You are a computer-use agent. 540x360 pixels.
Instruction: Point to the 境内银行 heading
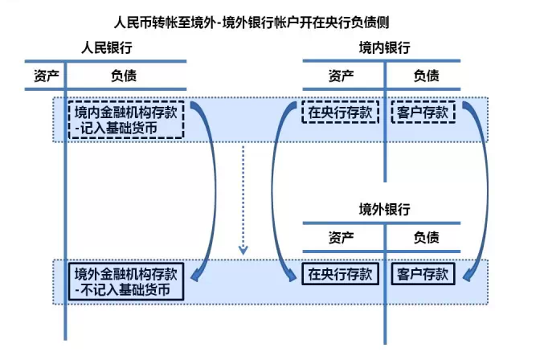click(x=384, y=49)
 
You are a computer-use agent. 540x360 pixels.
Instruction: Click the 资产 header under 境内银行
click(x=341, y=76)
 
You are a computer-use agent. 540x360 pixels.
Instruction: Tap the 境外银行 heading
click(x=384, y=210)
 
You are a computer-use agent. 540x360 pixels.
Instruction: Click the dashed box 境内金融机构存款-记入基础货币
click(x=127, y=119)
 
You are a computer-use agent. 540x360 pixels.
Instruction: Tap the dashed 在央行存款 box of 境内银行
click(x=341, y=112)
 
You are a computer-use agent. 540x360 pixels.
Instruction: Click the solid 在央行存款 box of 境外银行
click(x=341, y=274)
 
